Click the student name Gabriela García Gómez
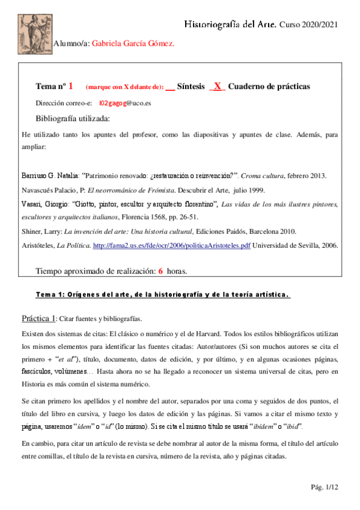click(x=133, y=44)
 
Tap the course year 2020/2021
click(x=320, y=24)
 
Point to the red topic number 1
click(x=70, y=87)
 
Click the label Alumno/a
click(x=72, y=44)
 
